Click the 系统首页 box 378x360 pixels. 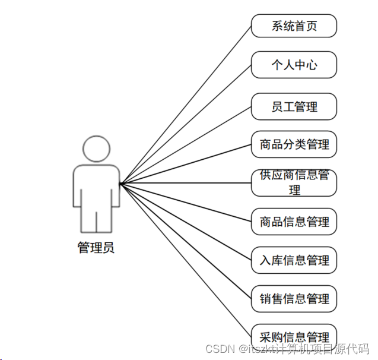tap(294, 26)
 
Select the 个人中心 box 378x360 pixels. tap(294, 65)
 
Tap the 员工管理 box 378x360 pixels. tap(294, 106)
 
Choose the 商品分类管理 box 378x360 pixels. tap(294, 144)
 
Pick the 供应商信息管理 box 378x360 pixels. tap(294, 182)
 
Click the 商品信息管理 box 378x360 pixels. tap(294, 222)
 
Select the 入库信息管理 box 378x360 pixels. tap(294, 260)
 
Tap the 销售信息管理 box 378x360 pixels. tap(294, 299)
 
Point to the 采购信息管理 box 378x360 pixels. tap(294, 336)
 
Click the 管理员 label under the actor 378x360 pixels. tap(96, 248)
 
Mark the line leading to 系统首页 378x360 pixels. tap(185, 105)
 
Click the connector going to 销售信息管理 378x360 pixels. tap(185, 241)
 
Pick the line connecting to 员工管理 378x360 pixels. tap(185, 145)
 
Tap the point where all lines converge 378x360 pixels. tap(120, 184)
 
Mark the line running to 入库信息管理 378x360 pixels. tap(185, 222)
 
